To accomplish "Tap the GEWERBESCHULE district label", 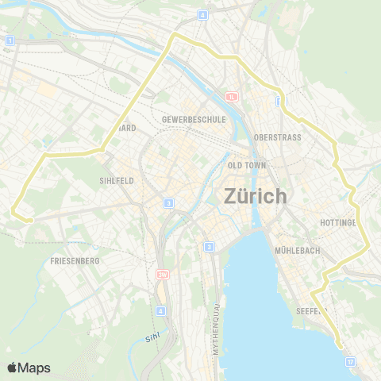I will pos(194,119).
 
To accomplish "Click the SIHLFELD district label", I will pos(114,180).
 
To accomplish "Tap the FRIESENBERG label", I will pos(75,260).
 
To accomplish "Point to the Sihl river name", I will pos(153,338).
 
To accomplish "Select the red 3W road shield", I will pos(163,275).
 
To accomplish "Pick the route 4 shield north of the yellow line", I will pos(203,14).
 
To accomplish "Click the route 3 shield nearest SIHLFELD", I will pos(169,204).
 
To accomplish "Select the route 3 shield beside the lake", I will pos(209,248).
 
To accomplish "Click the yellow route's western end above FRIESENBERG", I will pos(16,210).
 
